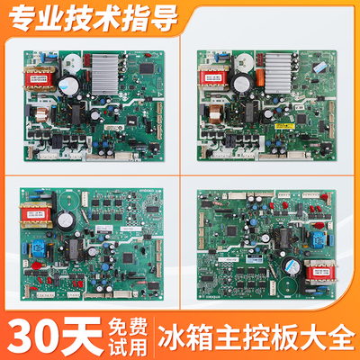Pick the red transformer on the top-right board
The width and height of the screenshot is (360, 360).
pos(217,76)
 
